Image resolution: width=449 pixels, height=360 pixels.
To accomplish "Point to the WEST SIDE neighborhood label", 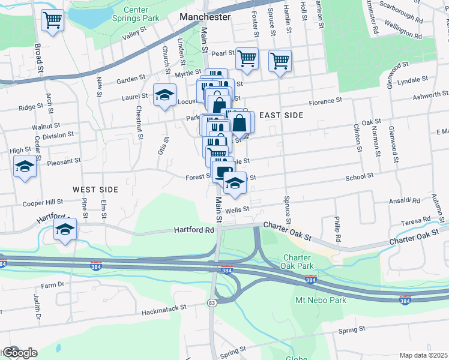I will (95, 189).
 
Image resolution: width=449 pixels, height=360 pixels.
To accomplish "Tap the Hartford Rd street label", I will (194, 230).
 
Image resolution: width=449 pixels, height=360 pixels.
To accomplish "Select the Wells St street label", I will (237, 209).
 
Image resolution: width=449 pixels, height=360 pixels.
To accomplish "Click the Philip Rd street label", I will (338, 229).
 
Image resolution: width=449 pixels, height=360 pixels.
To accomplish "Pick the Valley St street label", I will (134, 33).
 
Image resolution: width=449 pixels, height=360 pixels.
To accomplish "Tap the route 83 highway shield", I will (212, 303).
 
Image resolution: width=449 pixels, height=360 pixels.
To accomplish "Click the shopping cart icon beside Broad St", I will (52, 20).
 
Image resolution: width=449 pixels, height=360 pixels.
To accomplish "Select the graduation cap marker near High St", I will (25, 166).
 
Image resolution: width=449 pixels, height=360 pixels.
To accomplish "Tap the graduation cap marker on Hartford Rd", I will (65, 229).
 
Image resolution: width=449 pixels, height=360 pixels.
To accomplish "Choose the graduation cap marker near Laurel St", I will (164, 95).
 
